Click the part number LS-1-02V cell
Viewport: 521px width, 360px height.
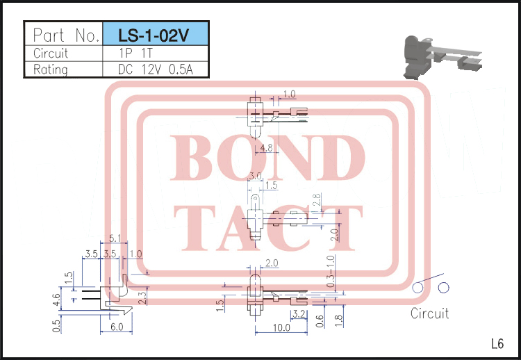coord(154,35)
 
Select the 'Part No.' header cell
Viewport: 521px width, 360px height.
coord(64,35)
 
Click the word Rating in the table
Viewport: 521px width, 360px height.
coord(51,69)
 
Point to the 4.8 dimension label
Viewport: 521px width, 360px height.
coord(265,148)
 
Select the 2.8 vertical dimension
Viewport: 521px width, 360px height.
coord(316,201)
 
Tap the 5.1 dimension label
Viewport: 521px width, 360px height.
coord(115,239)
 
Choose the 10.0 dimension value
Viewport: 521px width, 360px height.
coord(281,328)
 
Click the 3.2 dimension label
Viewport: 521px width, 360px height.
coord(299,314)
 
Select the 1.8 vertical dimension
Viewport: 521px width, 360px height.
coord(338,320)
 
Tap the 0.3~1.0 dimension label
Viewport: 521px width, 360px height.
coord(331,273)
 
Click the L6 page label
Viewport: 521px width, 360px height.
coord(497,343)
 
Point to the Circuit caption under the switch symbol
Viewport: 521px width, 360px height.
coord(429,313)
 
